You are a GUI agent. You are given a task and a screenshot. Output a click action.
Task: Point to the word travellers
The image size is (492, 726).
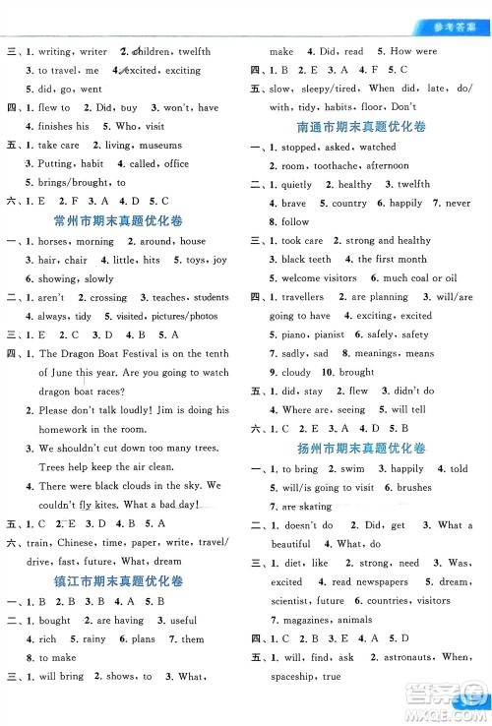(302, 296)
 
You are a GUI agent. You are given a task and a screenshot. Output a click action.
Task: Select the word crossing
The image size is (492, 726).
(108, 297)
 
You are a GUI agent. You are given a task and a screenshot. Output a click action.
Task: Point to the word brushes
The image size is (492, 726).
(414, 487)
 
